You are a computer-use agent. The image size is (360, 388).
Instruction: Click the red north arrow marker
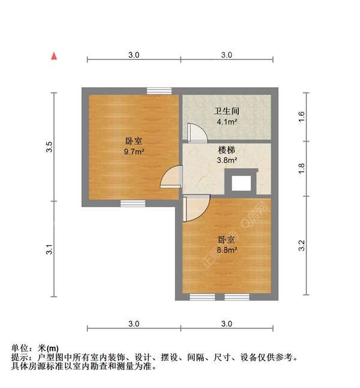coord(54,56)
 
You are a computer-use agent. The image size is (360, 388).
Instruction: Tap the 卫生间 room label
coord(226,111)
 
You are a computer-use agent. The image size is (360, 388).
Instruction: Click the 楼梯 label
coord(227,150)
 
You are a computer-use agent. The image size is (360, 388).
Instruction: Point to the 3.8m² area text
coord(227,160)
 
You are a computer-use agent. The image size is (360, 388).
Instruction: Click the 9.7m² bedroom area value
coord(133,151)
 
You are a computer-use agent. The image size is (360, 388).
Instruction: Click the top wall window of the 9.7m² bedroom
coord(159,91)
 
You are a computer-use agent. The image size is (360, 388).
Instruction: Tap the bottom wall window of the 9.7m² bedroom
coord(133,203)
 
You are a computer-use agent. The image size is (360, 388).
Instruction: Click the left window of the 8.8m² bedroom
coord(202,297)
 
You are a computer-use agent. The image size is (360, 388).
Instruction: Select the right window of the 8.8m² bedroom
coord(236,297)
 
